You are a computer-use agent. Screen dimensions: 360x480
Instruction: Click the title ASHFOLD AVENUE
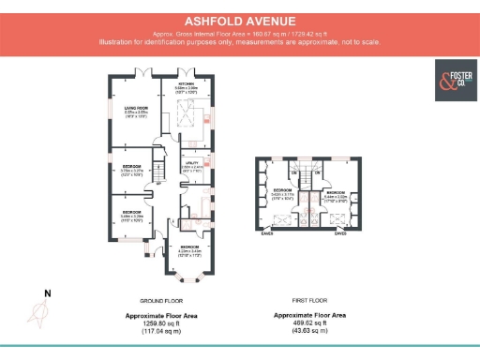pyautogui.click(x=239, y=19)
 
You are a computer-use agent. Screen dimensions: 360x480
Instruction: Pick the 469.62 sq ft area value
pyautogui.click(x=308, y=323)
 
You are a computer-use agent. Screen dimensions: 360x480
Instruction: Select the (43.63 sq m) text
pyautogui.click(x=308, y=331)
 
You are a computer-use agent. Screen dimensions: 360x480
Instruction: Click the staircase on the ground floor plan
pyautogui.click(x=158, y=172)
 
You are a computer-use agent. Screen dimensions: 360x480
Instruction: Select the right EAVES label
pyautogui.click(x=340, y=234)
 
